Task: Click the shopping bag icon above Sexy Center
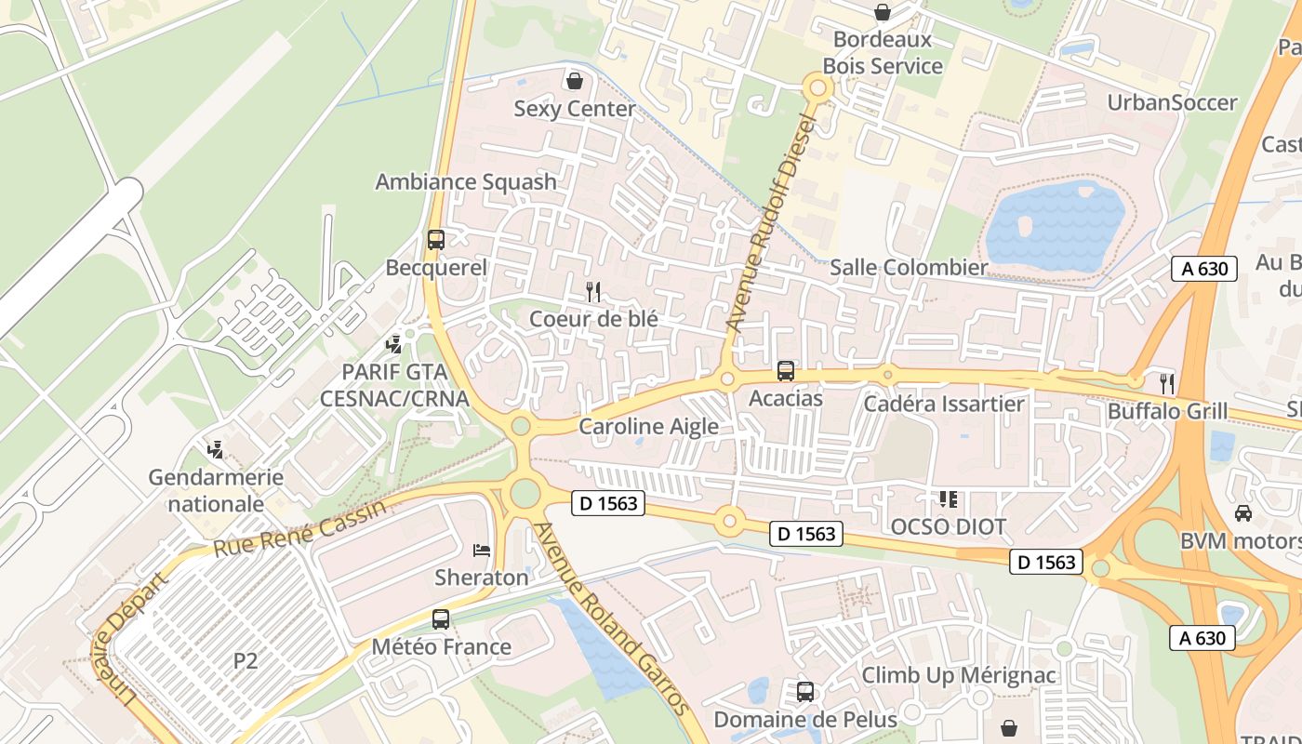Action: coord(575,81)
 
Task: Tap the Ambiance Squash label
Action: coord(465,181)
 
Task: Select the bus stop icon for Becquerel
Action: coord(435,239)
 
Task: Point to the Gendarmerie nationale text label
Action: coord(216,490)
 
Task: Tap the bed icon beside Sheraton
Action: coord(481,550)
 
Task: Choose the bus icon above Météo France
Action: coord(441,618)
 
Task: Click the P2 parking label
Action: coord(245,661)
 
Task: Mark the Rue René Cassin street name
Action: coord(299,530)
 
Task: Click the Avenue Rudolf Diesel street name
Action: coord(771,223)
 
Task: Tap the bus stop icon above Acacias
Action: coord(786,371)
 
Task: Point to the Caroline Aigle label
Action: coord(648,427)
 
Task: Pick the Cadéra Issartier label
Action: coord(943,404)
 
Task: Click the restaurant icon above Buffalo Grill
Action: coord(1166,383)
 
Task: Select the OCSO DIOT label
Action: coord(948,527)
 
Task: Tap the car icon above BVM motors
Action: coord(1242,513)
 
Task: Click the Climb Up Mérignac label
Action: coord(959,675)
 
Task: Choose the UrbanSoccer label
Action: coord(1172,102)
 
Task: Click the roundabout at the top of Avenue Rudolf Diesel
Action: coord(818,88)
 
